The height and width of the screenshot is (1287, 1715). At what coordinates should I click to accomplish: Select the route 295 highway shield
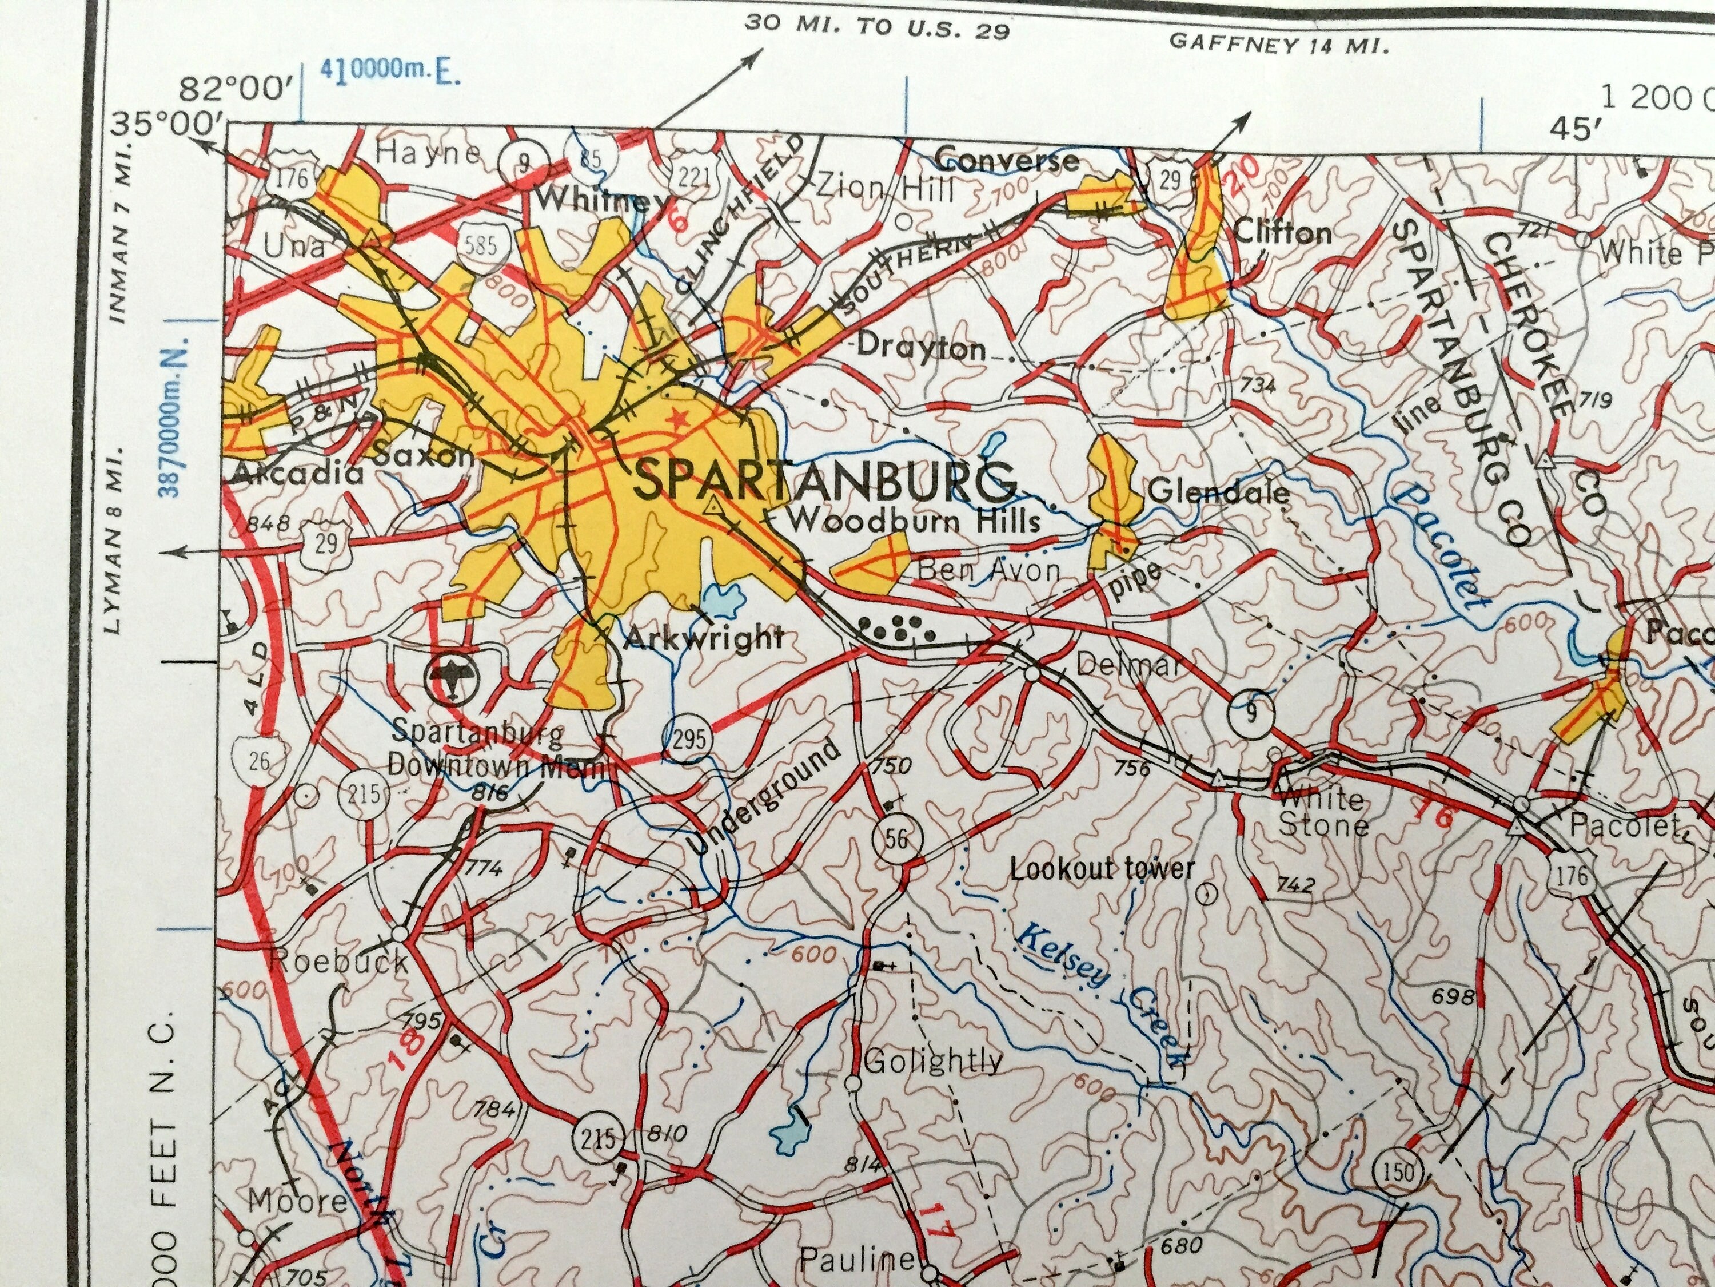click(x=687, y=738)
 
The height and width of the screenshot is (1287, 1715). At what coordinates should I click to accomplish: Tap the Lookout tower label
click(x=1102, y=869)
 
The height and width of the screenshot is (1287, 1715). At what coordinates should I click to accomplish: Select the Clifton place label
click(x=1282, y=232)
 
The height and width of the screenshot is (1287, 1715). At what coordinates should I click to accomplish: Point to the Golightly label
click(x=933, y=1060)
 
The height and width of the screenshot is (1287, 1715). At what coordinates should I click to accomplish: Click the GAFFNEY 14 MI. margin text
click(x=1277, y=43)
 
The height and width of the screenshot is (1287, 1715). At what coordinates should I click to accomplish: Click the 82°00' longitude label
click(x=235, y=91)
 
